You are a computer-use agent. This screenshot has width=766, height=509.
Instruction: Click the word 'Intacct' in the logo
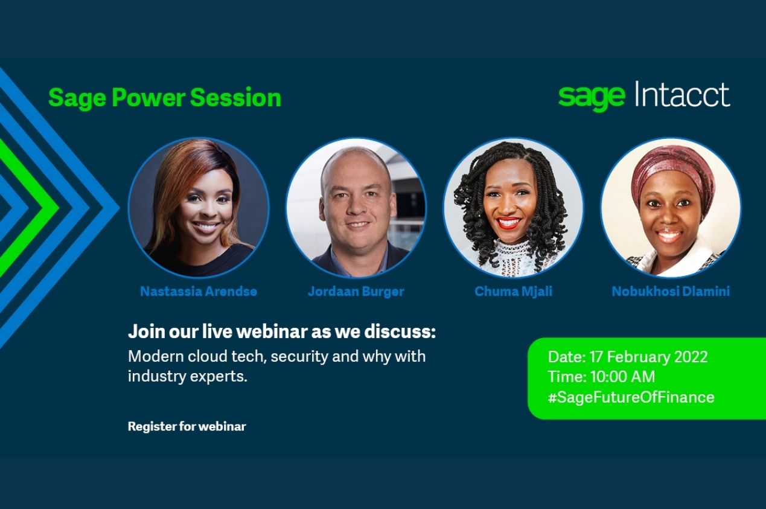coord(682,94)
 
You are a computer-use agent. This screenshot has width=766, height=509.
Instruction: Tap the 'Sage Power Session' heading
coord(165,98)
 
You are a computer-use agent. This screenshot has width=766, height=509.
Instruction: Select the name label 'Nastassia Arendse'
coord(199,292)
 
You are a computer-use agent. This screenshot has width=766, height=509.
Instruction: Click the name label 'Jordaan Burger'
coord(356,292)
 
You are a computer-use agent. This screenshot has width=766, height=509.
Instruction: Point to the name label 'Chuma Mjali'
coord(513,292)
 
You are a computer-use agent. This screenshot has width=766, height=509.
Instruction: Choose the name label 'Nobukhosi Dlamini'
coord(671,292)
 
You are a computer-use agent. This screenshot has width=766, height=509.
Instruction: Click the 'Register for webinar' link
coord(187,426)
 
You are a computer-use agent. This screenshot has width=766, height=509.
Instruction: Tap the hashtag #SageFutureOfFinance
coord(631,397)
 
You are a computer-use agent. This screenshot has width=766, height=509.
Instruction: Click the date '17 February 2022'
coord(648,357)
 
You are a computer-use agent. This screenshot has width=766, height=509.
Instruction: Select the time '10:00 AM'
coord(622,377)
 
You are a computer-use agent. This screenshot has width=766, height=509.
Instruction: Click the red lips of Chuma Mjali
coord(508,223)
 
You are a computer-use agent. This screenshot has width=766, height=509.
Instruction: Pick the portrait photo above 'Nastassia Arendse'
coord(199,207)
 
